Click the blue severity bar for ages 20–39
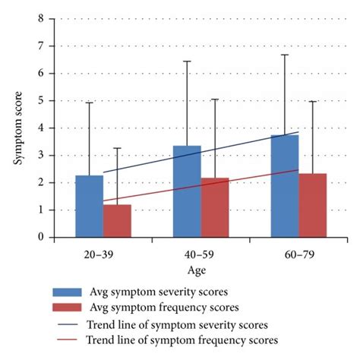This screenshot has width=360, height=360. pyautogui.click(x=89, y=207)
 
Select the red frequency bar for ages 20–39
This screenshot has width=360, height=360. pyautogui.click(x=117, y=221)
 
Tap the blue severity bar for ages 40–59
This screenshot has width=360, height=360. pyautogui.click(x=187, y=191)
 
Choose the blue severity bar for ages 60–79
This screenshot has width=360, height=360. pyautogui.click(x=285, y=186)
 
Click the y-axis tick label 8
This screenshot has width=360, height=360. pyautogui.click(x=41, y=18)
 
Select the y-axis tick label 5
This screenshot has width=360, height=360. pyautogui.click(x=41, y=100)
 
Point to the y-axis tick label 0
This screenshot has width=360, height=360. pyautogui.click(x=41, y=237)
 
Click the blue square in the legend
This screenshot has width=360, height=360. pyautogui.click(x=74, y=292)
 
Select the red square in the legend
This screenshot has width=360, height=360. pyautogui.click(x=74, y=308)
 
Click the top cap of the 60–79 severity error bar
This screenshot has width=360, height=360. pyautogui.click(x=285, y=55)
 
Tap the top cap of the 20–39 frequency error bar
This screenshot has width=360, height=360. pyautogui.click(x=117, y=148)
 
